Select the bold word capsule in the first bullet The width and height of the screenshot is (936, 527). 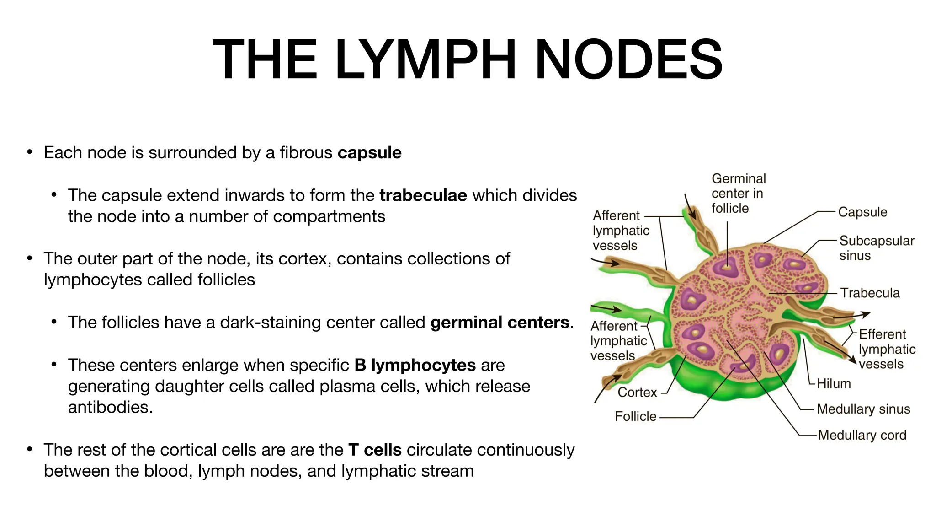tap(369, 153)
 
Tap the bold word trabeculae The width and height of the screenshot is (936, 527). tap(423, 195)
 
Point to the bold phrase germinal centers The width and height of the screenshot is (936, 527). tap(500, 323)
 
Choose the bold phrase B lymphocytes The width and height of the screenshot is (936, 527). tap(415, 365)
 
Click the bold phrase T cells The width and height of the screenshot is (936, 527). tap(375, 450)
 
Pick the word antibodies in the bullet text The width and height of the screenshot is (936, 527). tap(110, 407)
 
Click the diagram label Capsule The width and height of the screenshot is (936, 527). tap(862, 212)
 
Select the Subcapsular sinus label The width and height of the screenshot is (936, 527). tap(876, 248)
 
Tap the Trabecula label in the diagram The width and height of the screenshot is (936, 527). tap(870, 293)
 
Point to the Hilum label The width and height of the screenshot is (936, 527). tap(834, 383)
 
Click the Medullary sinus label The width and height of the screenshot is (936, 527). tap(863, 409)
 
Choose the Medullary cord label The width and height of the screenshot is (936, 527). tap(862, 435)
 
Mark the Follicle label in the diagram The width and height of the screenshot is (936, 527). tap(635, 416)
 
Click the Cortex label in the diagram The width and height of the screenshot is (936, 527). tap(637, 392)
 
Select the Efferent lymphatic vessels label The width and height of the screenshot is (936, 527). tap(887, 349)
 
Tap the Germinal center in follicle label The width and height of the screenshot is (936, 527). tap(738, 194)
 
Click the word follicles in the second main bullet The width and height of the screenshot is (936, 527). tap(226, 280)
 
